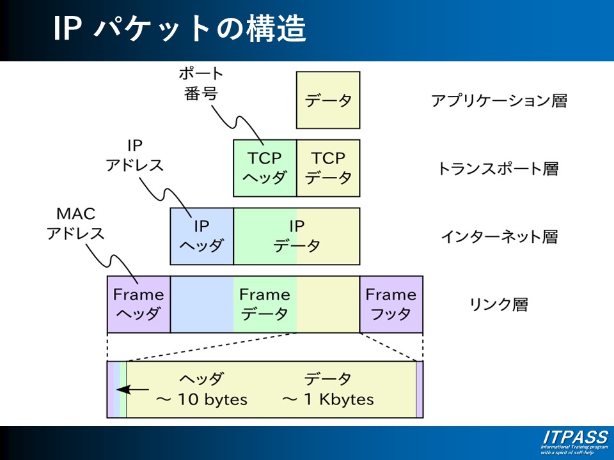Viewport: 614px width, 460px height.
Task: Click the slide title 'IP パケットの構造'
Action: (x=179, y=29)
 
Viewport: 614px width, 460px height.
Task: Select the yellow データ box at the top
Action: (x=328, y=100)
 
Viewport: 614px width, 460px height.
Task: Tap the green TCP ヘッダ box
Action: (x=265, y=167)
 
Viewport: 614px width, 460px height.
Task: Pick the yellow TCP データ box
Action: (x=328, y=167)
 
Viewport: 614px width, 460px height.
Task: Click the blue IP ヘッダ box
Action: (x=201, y=236)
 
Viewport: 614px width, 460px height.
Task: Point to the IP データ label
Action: (x=297, y=236)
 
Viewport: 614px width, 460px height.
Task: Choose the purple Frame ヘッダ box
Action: (x=138, y=304)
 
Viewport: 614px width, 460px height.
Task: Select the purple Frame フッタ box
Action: (x=391, y=304)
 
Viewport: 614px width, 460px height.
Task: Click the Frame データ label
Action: (x=264, y=304)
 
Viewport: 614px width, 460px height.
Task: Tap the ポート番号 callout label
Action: (x=200, y=83)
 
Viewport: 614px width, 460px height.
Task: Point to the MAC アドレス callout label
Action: (x=75, y=223)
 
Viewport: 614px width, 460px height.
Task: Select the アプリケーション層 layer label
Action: (x=499, y=100)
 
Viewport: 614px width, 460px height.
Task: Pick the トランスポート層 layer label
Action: (x=498, y=169)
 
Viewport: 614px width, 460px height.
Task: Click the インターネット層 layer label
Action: (x=499, y=237)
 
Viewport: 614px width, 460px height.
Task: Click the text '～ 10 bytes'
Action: (x=202, y=399)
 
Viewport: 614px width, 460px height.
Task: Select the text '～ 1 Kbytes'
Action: (x=328, y=399)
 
